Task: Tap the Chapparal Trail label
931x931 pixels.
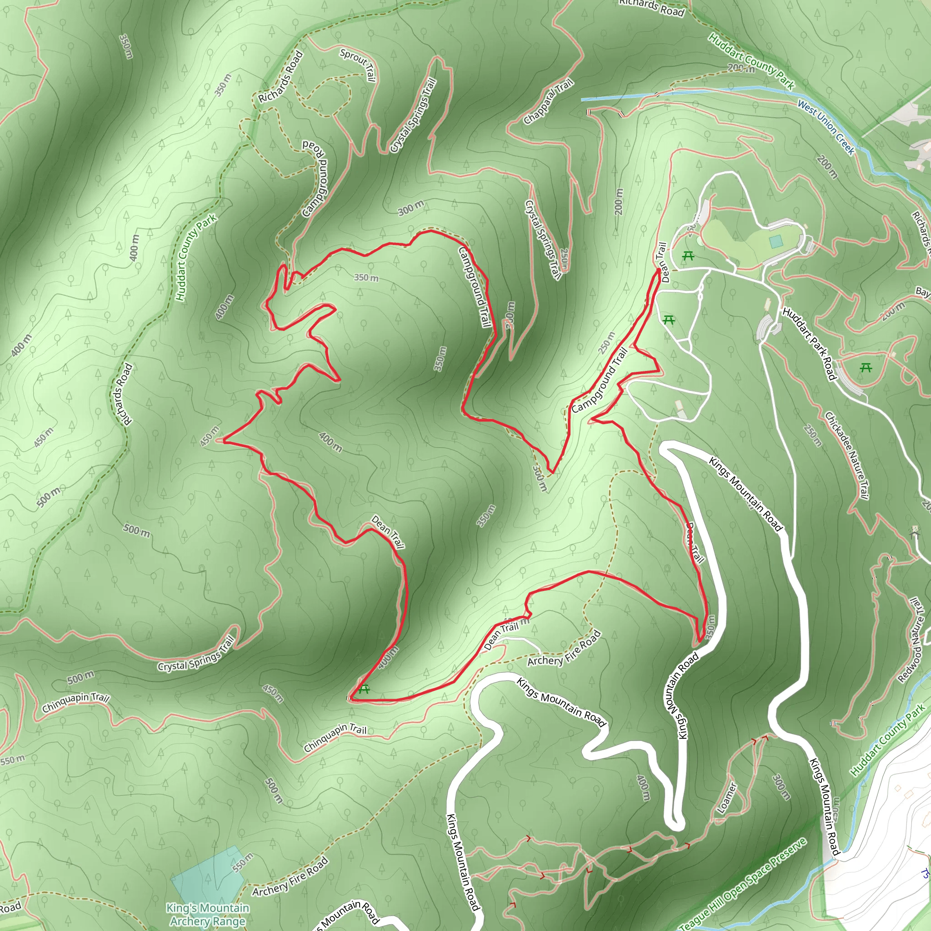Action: (x=548, y=101)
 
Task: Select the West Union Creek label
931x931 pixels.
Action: (x=826, y=127)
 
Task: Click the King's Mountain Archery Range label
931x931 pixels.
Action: (x=208, y=914)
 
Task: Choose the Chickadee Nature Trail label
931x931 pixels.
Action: (x=846, y=455)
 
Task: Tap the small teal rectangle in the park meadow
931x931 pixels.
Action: (x=776, y=241)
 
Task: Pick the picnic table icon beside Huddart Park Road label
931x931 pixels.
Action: (x=866, y=368)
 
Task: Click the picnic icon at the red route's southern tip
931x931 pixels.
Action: (x=364, y=689)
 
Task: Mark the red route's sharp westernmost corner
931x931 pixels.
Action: (x=224, y=440)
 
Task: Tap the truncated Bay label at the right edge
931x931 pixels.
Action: (x=922, y=291)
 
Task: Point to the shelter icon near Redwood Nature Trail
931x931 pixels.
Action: (x=914, y=532)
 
